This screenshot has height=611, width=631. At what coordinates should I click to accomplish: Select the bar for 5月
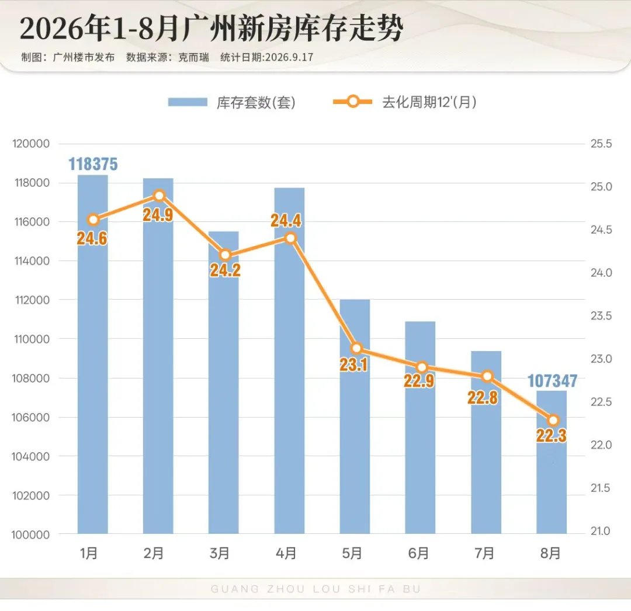tap(355, 416)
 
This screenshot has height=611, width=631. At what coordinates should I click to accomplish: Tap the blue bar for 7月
tap(486, 442)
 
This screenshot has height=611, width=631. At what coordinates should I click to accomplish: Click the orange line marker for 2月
tap(160, 196)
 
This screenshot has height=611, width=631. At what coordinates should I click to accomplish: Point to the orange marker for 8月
tap(553, 421)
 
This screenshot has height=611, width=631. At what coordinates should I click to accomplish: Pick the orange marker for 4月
tap(290, 238)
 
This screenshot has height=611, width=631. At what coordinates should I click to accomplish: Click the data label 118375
tap(93, 164)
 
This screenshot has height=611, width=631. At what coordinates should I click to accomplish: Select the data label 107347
tap(552, 380)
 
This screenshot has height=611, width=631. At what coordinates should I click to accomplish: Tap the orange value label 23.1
tap(353, 365)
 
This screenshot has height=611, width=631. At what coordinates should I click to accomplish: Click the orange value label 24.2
tap(225, 270)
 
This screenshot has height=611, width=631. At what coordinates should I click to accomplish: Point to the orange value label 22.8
tap(483, 398)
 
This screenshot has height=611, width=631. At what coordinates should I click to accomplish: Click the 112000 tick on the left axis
tap(32, 300)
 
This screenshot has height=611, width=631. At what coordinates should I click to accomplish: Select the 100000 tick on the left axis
tap(30, 535)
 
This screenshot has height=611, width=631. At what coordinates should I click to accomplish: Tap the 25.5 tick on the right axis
tap(601, 144)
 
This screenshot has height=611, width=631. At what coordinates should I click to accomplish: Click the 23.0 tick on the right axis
tap(601, 359)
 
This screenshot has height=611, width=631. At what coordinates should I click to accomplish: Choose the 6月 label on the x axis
tap(418, 554)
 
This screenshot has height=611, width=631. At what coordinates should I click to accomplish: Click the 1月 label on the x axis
tap(89, 554)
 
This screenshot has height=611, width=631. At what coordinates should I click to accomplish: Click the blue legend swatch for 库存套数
tap(188, 102)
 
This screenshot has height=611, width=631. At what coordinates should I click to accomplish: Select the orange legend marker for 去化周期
tap(352, 102)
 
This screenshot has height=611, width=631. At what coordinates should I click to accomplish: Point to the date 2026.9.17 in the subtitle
tap(289, 57)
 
